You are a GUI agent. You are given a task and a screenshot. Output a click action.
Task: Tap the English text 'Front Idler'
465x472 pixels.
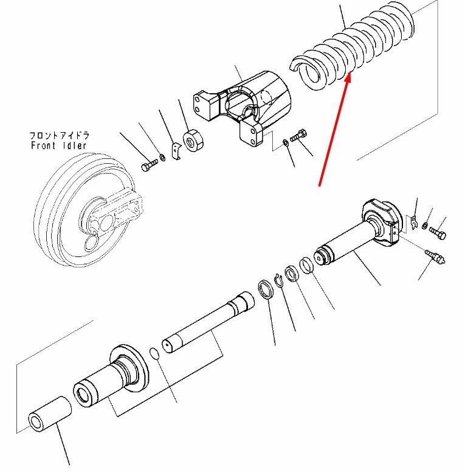58,146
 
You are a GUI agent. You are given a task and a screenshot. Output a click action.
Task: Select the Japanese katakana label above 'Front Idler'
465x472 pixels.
58,135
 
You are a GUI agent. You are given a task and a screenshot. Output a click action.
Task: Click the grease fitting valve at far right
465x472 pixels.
437,258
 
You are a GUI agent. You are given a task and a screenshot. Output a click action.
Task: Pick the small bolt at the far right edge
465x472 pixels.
438,232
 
